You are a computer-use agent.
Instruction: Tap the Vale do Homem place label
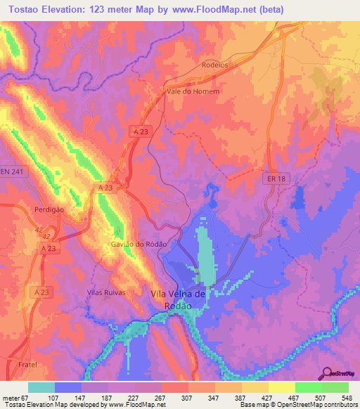pyautogui.click(x=193, y=91)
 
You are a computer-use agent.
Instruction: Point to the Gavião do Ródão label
pyautogui.click(x=139, y=244)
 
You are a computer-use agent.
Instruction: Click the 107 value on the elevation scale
pyautogui.click(x=70, y=397)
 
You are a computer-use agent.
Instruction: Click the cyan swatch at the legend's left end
pyautogui.click(x=41, y=387)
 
